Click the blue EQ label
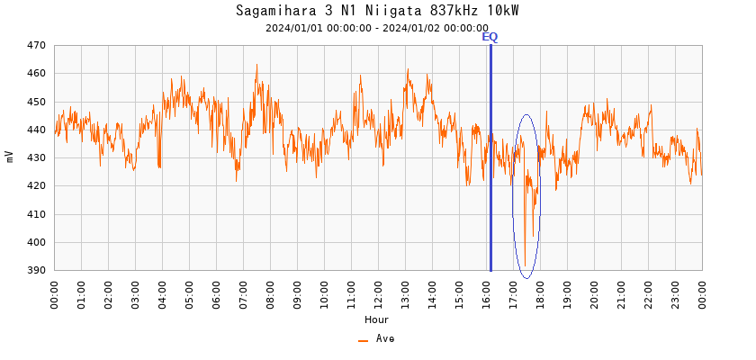tap(490, 37)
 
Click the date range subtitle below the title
tap(377, 28)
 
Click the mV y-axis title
tap(10, 157)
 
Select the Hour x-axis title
tap(377, 319)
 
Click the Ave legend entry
tap(377, 339)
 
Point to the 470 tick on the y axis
tap(36, 45)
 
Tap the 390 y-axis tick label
tap(36, 270)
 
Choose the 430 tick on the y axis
tap(36, 157)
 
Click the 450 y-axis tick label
tap(36, 102)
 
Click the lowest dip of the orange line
tap(525, 258)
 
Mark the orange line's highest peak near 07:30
tap(256, 65)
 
